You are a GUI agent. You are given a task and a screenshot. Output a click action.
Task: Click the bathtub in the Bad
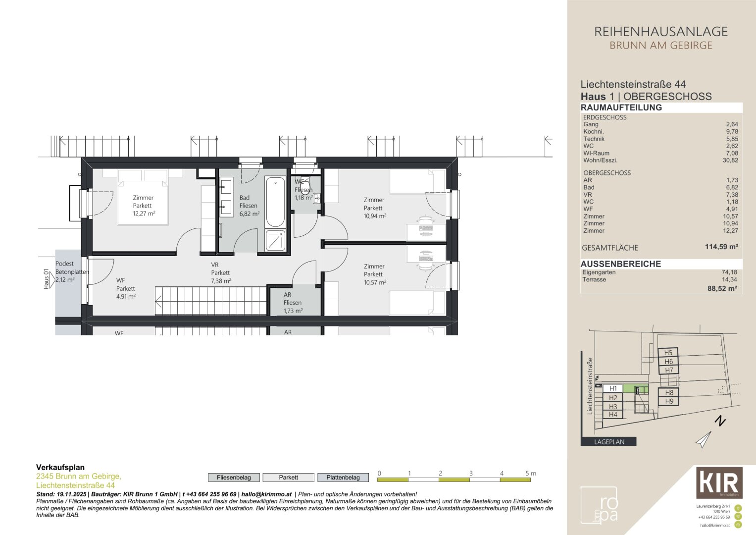[275, 202]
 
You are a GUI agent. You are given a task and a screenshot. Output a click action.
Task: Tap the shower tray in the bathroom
[275, 240]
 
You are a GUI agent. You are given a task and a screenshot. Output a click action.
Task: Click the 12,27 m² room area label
[144, 214]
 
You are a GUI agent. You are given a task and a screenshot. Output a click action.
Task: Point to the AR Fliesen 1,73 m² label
[293, 303]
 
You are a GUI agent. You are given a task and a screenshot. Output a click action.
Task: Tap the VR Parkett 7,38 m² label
[221, 272]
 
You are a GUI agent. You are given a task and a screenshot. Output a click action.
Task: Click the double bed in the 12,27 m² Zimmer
[143, 198]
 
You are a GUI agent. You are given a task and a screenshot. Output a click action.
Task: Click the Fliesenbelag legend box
[234, 478]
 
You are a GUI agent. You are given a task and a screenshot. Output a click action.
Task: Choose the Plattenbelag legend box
[343, 478]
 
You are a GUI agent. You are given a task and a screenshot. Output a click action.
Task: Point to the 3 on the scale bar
[471, 474]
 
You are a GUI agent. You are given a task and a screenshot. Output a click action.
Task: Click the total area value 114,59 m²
[721, 247]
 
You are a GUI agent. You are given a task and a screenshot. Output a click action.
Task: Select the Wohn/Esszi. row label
[600, 160]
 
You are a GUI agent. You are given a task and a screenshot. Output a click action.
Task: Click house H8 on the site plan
[669, 393]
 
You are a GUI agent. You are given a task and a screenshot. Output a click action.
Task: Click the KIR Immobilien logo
[719, 482]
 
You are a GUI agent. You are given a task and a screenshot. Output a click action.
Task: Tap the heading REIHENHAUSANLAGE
[660, 32]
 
